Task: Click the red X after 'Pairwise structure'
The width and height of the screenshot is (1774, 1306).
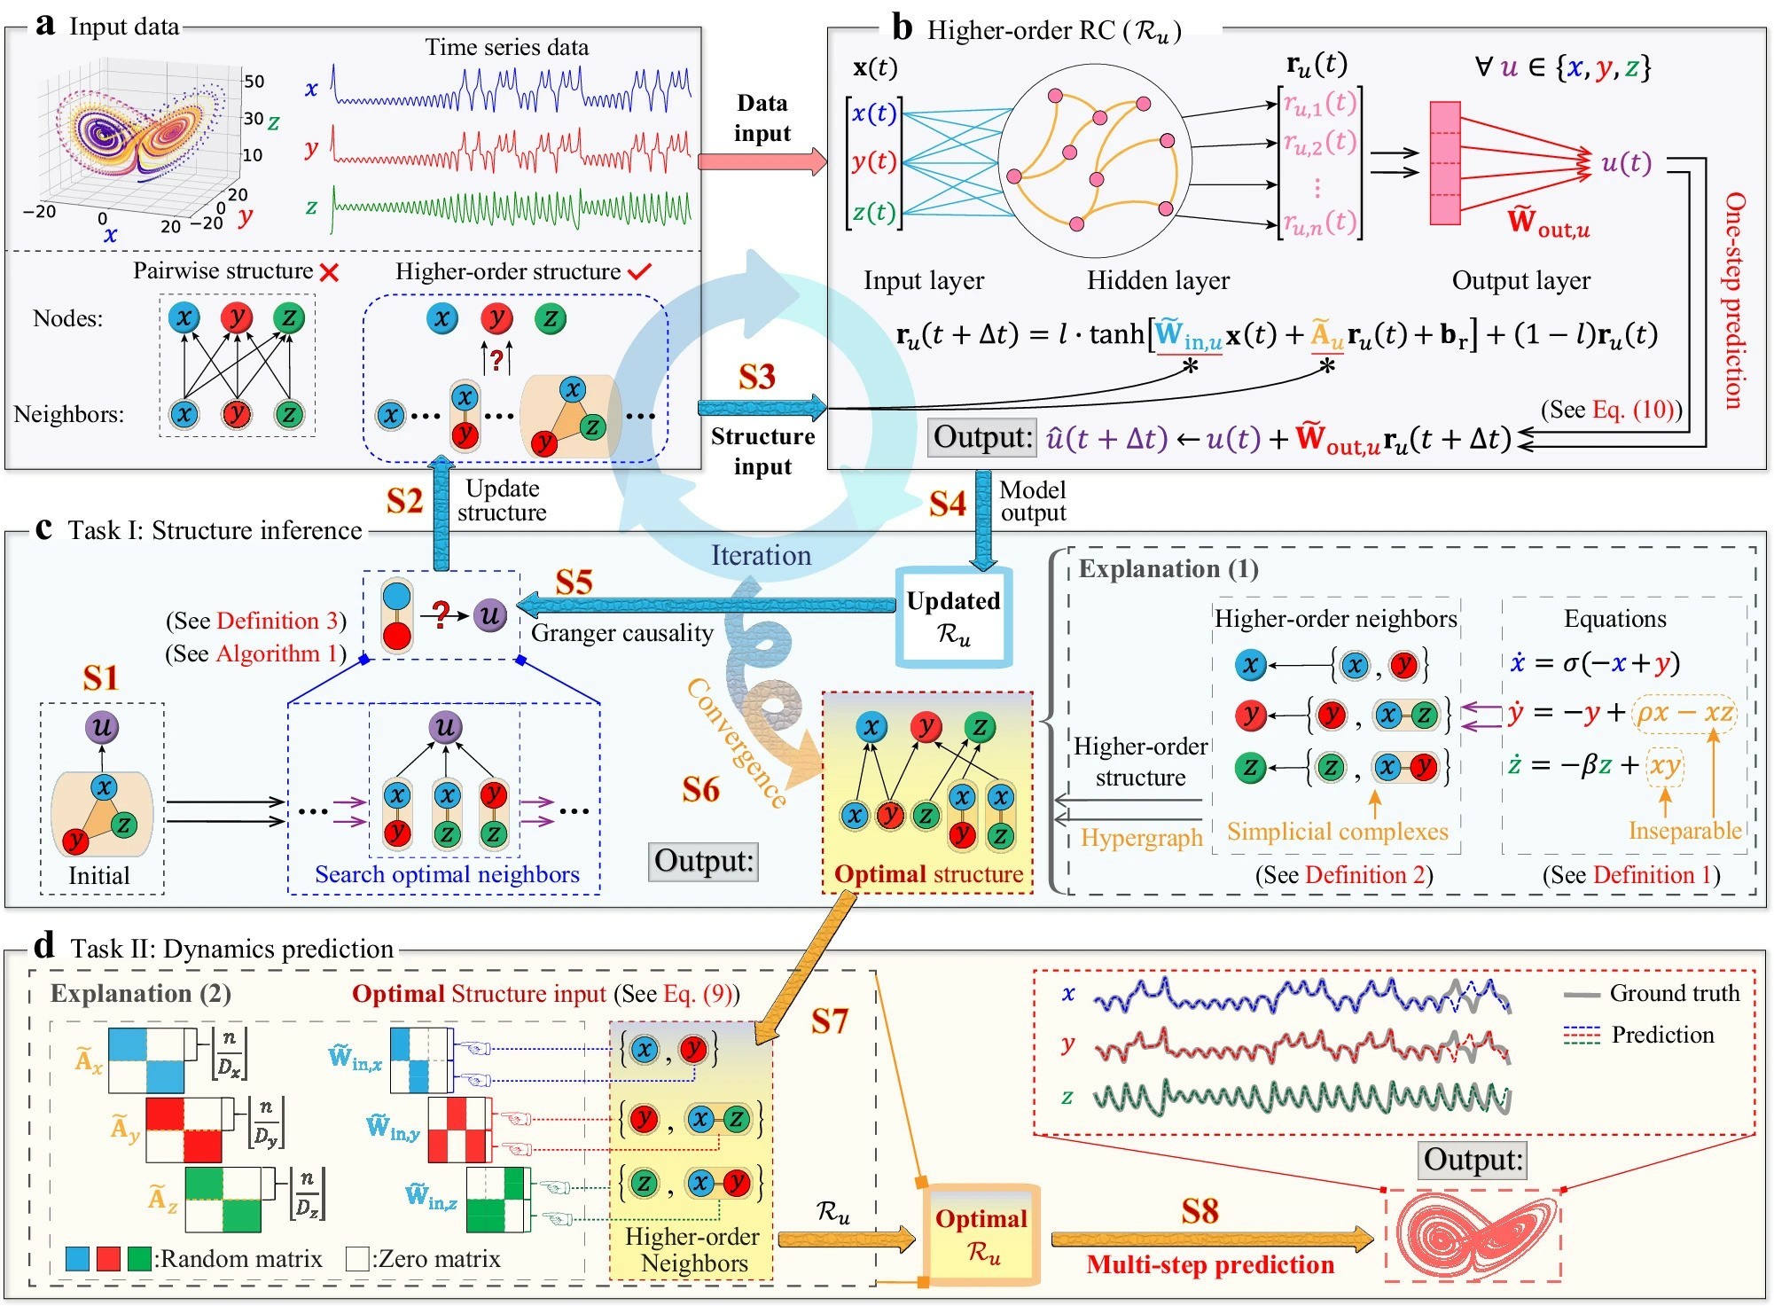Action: tap(329, 272)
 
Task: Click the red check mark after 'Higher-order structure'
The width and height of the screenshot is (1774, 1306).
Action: tap(639, 271)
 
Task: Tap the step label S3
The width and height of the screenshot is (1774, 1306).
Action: tap(757, 377)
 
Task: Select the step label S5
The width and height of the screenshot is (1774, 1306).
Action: tap(574, 583)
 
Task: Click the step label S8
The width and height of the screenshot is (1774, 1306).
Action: tap(1200, 1211)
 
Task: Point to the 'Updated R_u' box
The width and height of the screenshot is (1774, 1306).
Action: tap(953, 617)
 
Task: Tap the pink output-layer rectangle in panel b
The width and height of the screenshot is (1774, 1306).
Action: tap(1444, 163)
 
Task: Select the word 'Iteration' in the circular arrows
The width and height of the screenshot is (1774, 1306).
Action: tap(761, 555)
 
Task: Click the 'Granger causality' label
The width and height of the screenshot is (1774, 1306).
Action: tap(622, 632)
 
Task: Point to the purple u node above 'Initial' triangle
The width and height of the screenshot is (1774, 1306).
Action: tap(102, 727)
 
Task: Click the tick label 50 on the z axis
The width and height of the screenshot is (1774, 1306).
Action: tap(254, 82)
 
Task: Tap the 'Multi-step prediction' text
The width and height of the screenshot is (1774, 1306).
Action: tap(1210, 1264)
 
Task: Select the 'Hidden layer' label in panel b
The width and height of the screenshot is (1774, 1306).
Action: tap(1158, 281)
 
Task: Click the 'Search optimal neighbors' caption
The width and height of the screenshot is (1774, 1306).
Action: tap(447, 874)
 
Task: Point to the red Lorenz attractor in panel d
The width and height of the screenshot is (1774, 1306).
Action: tap(1474, 1235)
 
